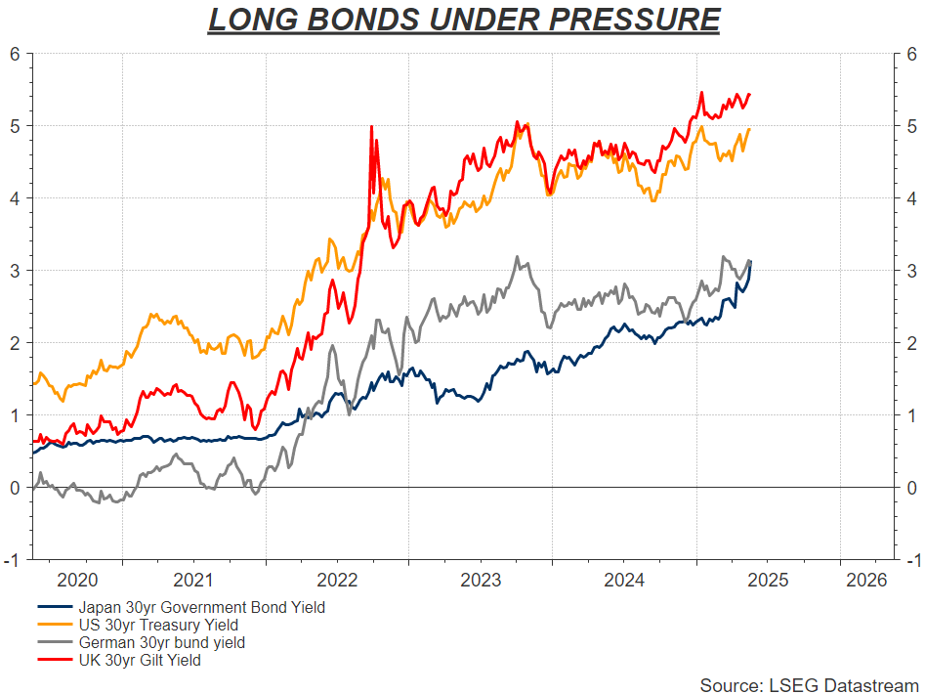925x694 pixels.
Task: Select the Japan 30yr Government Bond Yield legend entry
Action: coord(202,607)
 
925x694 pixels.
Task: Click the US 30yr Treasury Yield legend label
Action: coord(159,625)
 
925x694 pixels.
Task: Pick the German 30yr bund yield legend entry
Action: coord(162,643)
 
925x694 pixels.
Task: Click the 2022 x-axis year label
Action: coord(337,579)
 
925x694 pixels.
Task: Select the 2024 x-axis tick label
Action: coord(624,579)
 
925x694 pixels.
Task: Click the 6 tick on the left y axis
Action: coord(15,55)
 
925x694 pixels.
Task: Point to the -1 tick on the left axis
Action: coord(12,560)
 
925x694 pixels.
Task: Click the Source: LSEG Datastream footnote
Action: coord(809,684)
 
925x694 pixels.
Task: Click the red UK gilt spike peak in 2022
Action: coord(371,126)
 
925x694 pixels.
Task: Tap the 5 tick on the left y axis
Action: coord(15,126)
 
